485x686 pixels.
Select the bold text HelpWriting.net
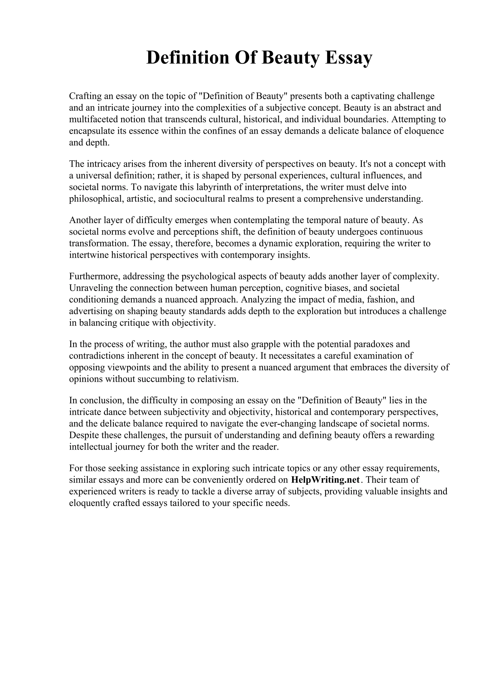coord(325,480)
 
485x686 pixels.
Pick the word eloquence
coord(424,131)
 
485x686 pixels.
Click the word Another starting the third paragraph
coord(85,220)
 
